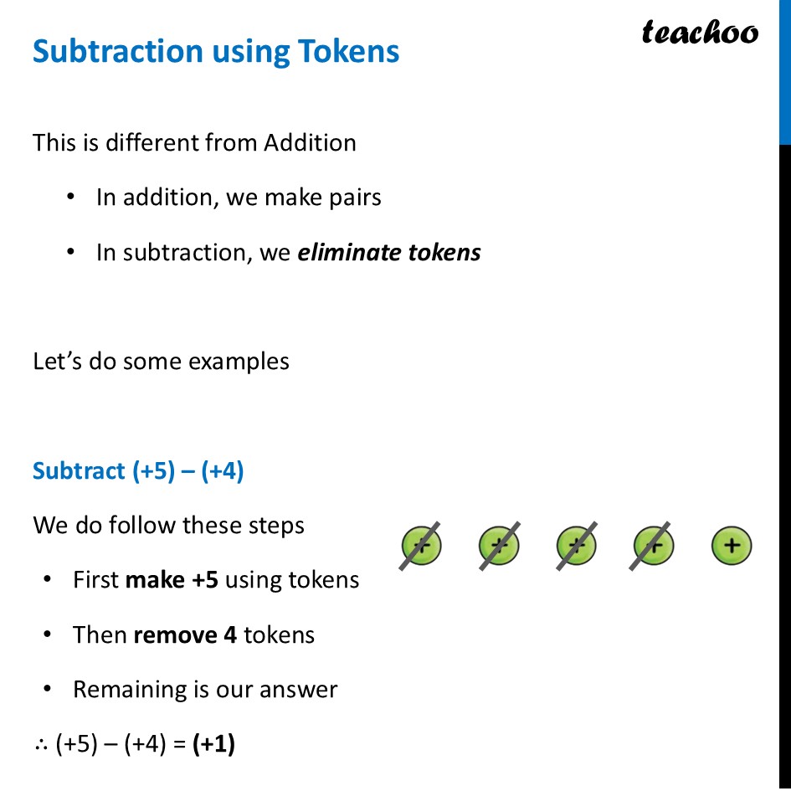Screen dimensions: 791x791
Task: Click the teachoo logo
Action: coord(700,33)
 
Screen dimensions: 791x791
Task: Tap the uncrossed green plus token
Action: coord(732,547)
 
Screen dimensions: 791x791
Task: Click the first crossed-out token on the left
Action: coord(421,547)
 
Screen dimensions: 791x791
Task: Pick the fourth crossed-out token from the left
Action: coord(654,547)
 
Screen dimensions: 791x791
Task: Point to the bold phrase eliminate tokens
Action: coord(389,252)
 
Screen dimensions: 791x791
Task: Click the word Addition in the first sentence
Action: coord(310,143)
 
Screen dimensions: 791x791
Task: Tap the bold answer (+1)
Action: coord(213,744)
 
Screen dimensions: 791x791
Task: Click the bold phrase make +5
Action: coord(172,580)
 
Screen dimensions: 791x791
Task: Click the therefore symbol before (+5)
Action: coord(41,745)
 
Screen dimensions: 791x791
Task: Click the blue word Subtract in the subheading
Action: coord(79,471)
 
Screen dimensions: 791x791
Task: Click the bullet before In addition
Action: coord(73,198)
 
